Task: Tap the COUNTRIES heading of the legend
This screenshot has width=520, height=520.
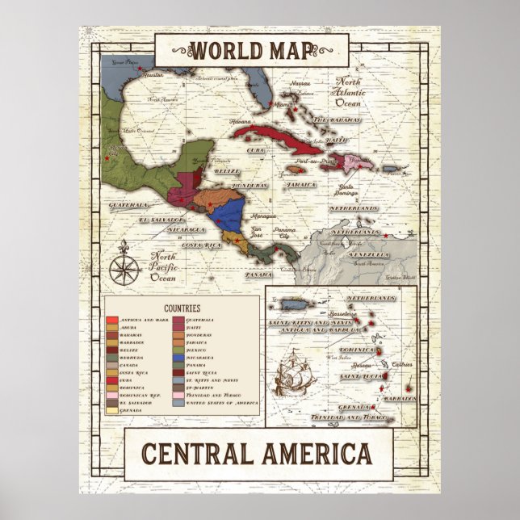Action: (x=182, y=308)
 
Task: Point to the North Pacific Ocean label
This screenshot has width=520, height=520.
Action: (x=164, y=267)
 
